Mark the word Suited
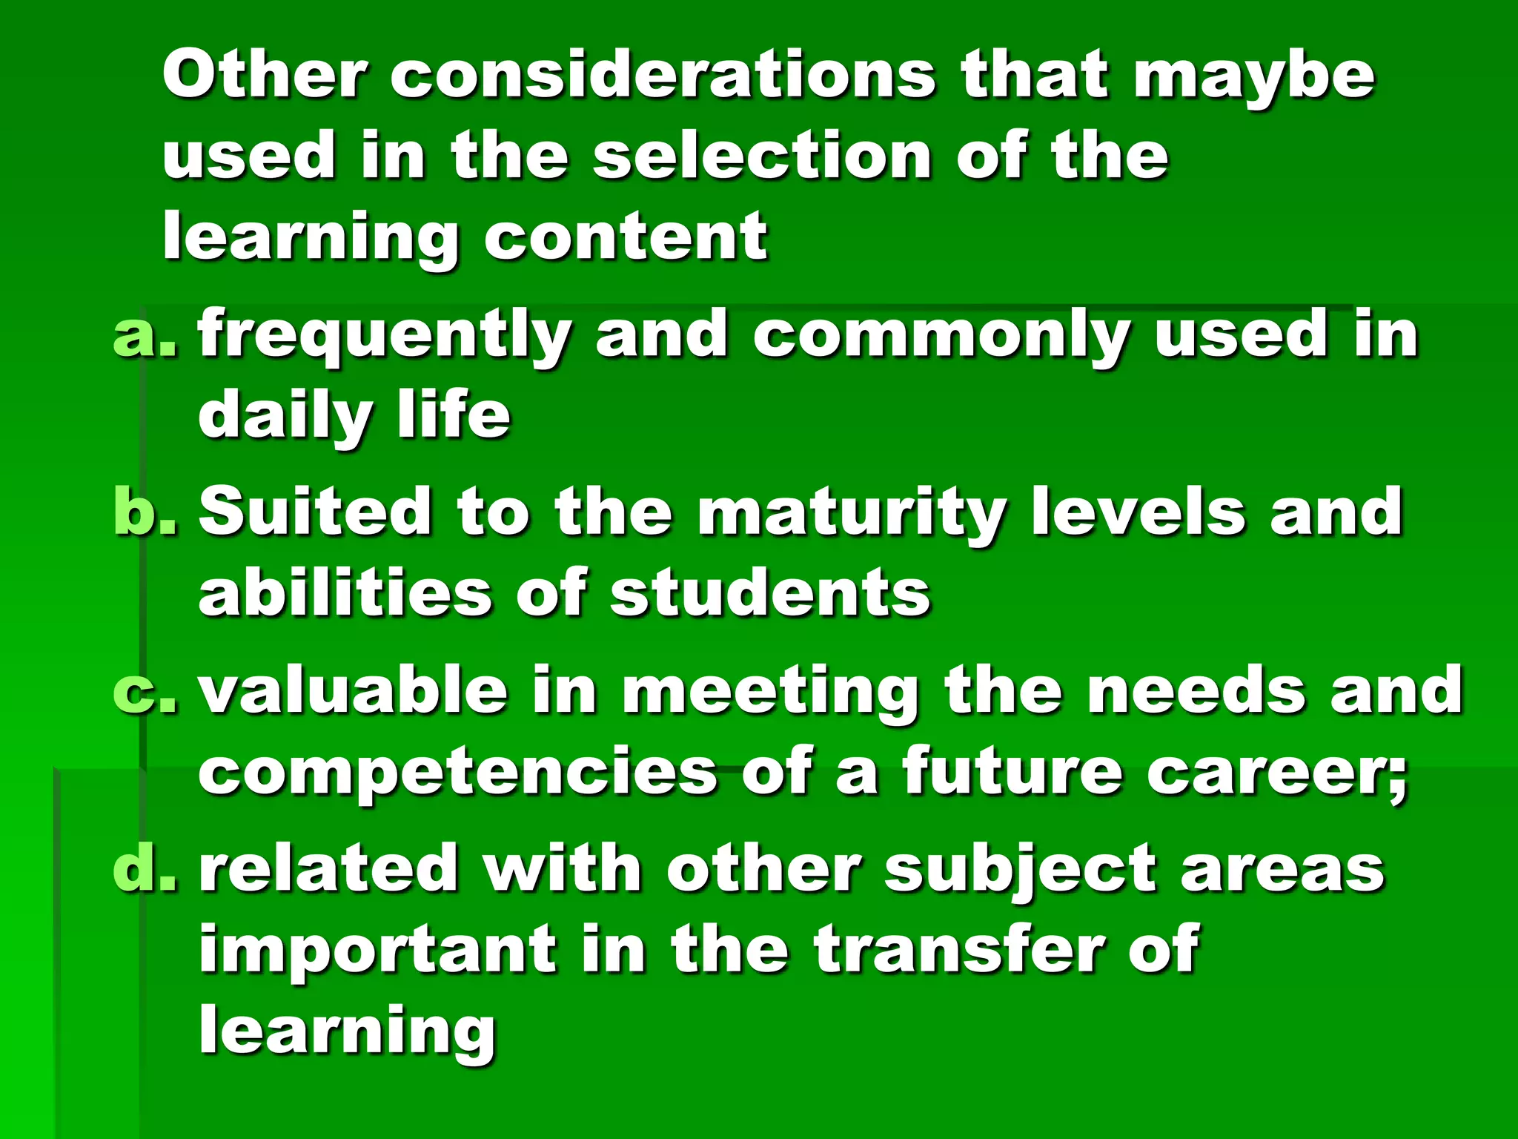(315, 511)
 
